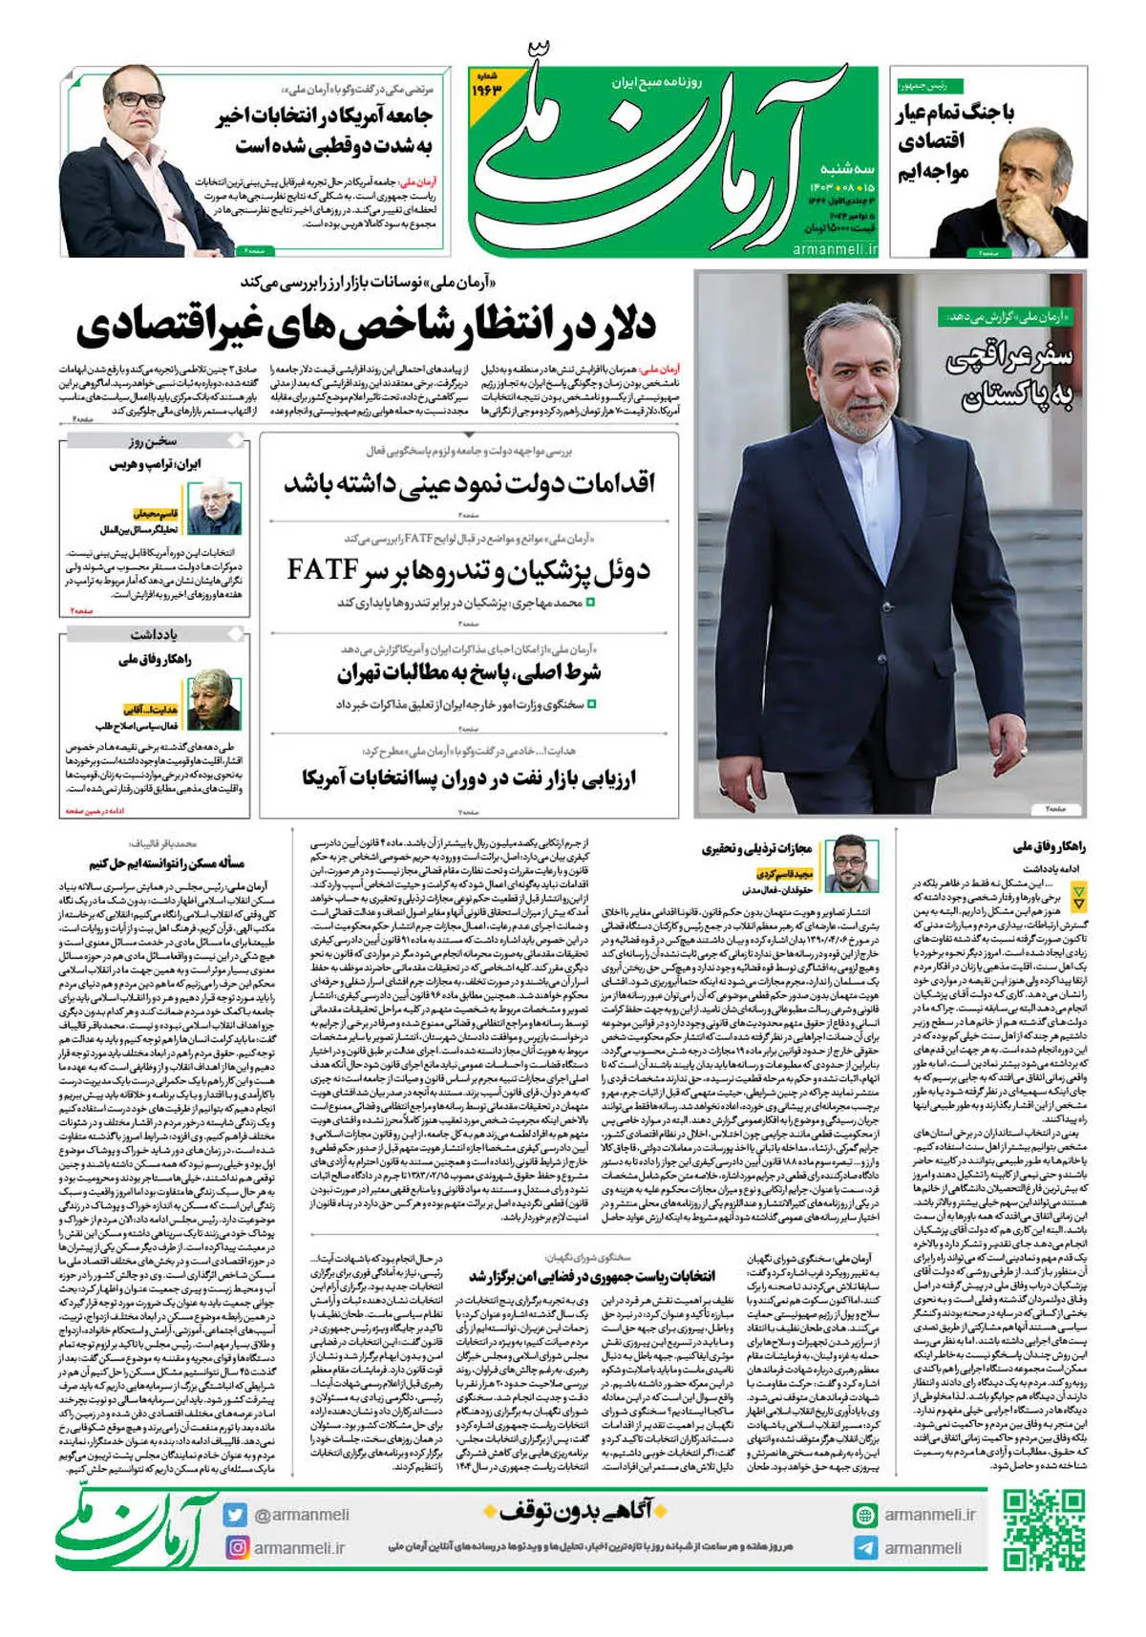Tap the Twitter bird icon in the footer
click(236, 1514)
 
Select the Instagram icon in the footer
click(236, 1547)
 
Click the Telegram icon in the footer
click(865, 1548)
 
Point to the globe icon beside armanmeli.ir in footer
click(865, 1515)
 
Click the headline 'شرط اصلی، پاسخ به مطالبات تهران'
click(469, 672)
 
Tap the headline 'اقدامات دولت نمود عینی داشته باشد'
click(469, 482)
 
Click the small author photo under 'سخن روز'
click(216, 505)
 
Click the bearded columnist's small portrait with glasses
click(844, 864)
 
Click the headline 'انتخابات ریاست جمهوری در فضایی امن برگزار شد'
click(592, 1276)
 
